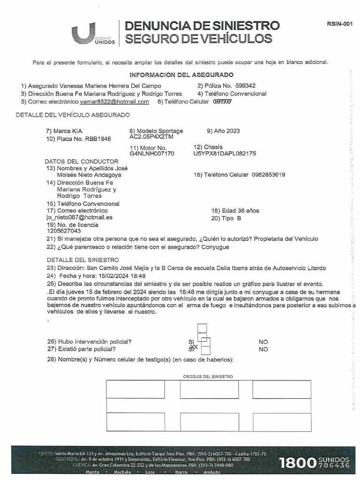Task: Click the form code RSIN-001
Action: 339,24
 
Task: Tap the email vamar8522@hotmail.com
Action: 114,101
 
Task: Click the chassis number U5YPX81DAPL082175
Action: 225,153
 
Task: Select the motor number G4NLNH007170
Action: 152,153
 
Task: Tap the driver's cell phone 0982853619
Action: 268,175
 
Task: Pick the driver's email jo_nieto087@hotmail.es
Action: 79,217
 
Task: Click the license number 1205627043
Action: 64,231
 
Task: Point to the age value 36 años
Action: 248,210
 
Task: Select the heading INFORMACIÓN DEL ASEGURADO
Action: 181,75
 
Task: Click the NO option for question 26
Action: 263,342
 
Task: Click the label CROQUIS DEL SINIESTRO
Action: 208,376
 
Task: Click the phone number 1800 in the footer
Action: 297,463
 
